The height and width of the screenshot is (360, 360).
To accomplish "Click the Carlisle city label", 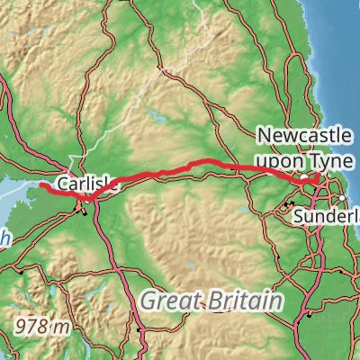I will pyautogui.click(x=86, y=184).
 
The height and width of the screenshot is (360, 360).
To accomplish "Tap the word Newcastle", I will pyautogui.click(x=306, y=137).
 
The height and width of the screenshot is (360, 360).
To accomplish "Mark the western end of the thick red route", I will pyautogui.click(x=41, y=184).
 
